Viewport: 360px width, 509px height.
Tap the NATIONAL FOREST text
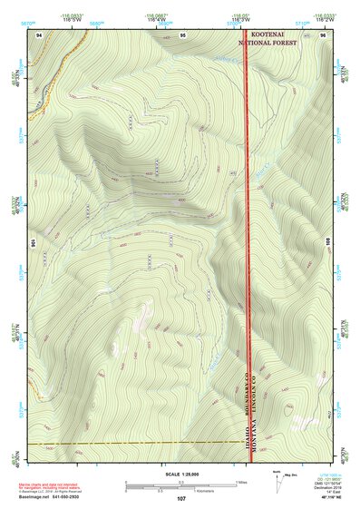(x=268, y=42)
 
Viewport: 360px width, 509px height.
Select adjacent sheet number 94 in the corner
(x=39, y=34)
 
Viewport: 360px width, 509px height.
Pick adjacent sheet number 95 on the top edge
(x=182, y=34)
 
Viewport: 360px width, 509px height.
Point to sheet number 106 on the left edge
(x=34, y=243)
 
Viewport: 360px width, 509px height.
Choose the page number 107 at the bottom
(x=181, y=498)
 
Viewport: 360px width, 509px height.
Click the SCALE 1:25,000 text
(x=180, y=474)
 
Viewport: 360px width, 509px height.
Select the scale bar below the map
(x=181, y=485)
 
